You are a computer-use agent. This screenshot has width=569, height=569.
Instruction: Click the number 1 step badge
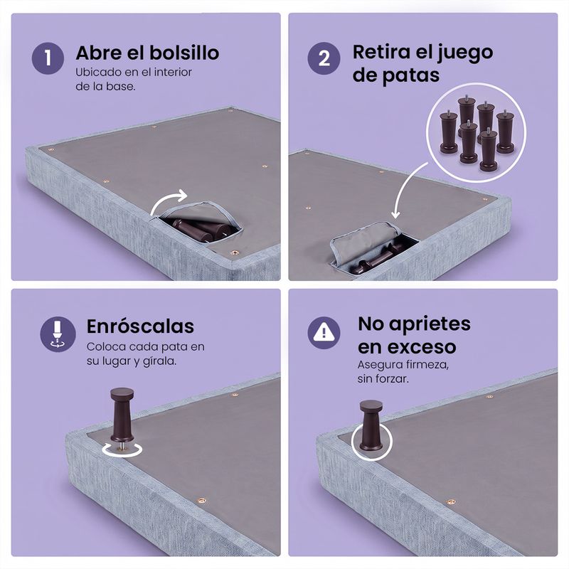(48, 58)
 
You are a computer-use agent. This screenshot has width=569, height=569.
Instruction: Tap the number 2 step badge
(324, 58)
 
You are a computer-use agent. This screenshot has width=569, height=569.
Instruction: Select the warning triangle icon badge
(324, 332)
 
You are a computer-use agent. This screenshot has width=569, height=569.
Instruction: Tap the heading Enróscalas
(140, 326)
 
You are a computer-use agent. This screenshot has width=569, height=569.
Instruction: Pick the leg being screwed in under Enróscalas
(122, 415)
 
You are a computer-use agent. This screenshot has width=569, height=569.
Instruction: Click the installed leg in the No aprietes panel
(371, 426)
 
